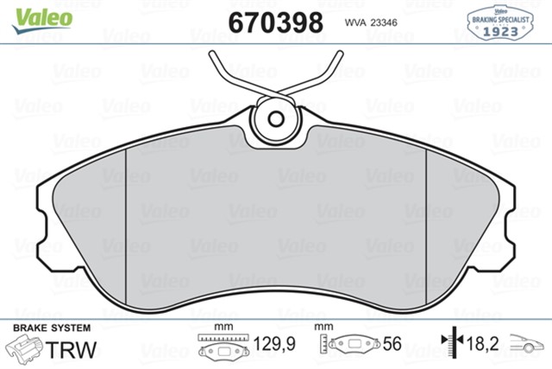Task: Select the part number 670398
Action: (275, 21)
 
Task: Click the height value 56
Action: (392, 345)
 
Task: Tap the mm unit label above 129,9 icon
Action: (224, 328)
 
